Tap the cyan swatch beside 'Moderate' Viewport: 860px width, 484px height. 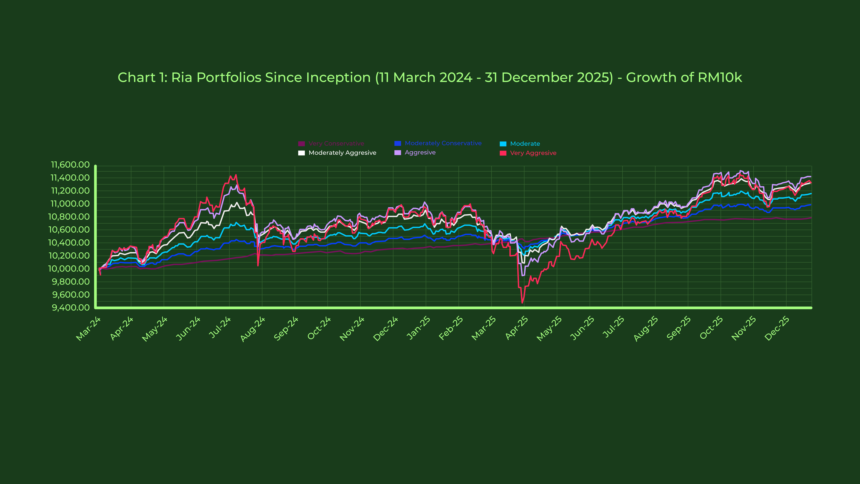[x=503, y=144]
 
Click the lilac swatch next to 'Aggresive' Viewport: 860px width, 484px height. [x=398, y=153]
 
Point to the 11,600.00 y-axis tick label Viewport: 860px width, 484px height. [x=70, y=165]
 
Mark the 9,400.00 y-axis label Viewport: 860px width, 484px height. [x=71, y=307]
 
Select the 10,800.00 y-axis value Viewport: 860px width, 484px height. [x=69, y=217]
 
